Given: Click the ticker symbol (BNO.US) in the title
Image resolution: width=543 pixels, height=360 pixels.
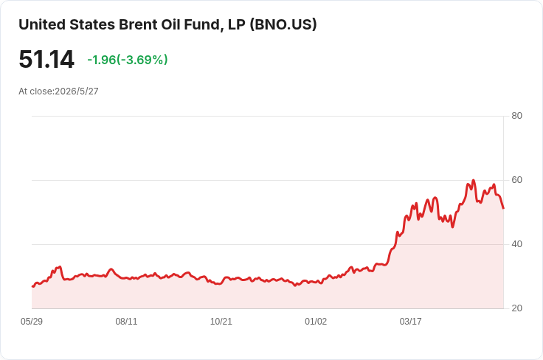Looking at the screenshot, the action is [283, 24].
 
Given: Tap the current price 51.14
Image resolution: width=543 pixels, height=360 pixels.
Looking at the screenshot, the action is [46, 59].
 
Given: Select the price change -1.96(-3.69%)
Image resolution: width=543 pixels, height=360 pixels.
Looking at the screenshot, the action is [128, 60].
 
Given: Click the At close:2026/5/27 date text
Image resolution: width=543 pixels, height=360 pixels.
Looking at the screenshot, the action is [58, 91].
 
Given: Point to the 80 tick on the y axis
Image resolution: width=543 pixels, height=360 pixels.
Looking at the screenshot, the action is [516, 116].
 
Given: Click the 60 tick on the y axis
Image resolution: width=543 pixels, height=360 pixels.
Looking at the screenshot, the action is [516, 180].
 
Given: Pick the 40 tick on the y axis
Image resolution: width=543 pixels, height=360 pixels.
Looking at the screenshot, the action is [516, 244].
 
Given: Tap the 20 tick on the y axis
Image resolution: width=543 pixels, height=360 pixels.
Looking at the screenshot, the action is [516, 308].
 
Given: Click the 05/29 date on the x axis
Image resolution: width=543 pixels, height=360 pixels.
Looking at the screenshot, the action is [32, 321].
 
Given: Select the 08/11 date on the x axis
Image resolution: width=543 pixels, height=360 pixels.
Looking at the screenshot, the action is [126, 321].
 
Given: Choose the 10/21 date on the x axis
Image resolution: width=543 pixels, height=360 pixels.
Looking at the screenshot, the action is [221, 321].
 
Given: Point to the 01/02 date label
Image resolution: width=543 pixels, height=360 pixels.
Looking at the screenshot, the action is [316, 321].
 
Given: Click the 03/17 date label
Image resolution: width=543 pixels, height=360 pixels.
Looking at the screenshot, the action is [410, 321].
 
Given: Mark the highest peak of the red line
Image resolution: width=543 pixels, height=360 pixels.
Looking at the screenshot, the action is [474, 180].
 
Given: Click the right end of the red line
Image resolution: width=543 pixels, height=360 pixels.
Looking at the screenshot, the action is [503, 208].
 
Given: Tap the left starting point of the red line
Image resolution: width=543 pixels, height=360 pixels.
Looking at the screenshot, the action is [32, 287].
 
